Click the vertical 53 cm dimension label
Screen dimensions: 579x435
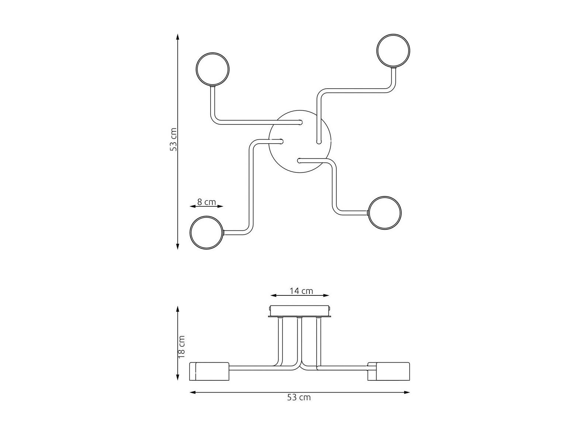pos(173,139)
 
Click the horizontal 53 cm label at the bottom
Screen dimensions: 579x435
pos(299,405)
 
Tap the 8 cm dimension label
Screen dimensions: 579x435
pos(207,202)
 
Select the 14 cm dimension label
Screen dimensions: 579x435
pos(301,291)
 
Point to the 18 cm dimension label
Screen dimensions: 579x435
pos(181,347)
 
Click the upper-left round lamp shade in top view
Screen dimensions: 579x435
pos(213,69)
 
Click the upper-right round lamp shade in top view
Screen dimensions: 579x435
pos(393,51)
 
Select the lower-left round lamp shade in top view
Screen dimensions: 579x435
pos(207,233)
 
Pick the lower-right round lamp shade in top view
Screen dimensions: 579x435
pos(385,212)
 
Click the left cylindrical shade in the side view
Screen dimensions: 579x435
pos(209,371)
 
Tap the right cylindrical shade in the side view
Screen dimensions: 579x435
pos(389,371)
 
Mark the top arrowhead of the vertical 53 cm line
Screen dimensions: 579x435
pos(177,37)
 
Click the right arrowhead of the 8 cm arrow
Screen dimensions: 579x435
pos(221,206)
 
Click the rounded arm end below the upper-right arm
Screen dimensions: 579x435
pos(319,142)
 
